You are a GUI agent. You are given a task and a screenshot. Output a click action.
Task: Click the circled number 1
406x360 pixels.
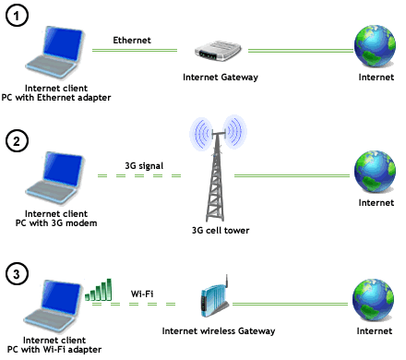pos(17,15)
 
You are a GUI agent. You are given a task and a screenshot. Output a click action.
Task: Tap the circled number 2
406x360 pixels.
pos(17,141)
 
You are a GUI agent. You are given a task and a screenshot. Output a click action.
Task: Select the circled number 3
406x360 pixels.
pos(17,274)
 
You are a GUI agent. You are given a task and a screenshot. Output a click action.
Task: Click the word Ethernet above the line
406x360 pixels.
pos(132,41)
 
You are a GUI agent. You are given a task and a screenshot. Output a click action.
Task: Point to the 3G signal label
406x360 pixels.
pos(144,166)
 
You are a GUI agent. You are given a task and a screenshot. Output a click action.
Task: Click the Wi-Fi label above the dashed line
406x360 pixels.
pos(142,294)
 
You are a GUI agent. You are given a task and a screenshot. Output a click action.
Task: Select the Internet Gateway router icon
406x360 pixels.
pos(218,50)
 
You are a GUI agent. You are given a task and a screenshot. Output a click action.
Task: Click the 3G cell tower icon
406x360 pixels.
pos(218,169)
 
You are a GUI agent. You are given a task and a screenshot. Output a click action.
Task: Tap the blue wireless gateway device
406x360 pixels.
pos(215,298)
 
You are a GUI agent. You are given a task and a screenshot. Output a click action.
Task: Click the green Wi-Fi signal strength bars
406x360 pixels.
pos(98,290)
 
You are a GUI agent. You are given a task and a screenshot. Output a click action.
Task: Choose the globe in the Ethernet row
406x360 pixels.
pos(375,46)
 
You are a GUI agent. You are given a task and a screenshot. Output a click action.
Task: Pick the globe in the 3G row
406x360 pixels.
pos(375,172)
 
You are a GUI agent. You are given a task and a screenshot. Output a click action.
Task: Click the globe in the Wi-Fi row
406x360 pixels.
pos(373,300)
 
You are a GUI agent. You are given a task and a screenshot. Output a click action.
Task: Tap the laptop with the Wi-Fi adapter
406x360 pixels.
pos(54,306)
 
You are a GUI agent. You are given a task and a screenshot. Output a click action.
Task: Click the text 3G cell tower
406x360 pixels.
pos(221,231)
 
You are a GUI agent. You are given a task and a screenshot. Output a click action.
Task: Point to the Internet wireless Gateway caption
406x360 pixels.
pos(219,331)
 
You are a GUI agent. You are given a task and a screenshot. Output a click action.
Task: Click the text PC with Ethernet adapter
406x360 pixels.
pos(56,98)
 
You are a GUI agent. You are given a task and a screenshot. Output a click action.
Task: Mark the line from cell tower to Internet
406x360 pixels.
pos(292,176)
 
